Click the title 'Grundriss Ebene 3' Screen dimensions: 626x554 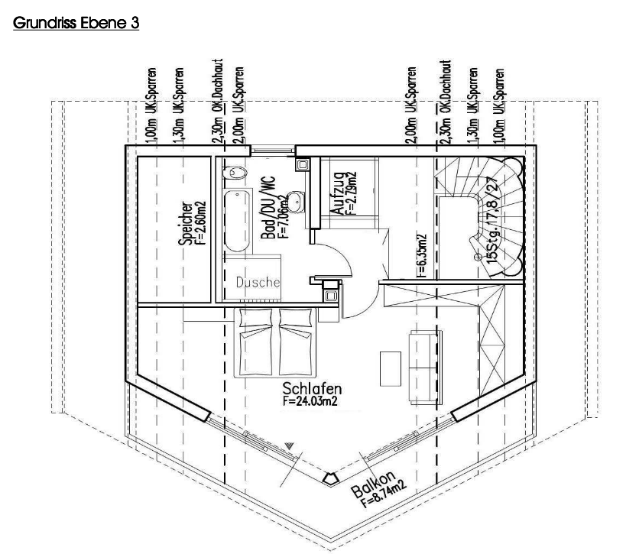[76, 23]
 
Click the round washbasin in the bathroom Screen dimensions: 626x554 [295, 202]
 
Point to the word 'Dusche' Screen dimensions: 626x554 [258, 283]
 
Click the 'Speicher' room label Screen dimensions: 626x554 [186, 223]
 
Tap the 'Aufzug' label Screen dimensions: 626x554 [337, 194]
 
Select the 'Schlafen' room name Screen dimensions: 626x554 [312, 388]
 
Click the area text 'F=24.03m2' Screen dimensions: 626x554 [310, 400]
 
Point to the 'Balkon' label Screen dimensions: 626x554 [373, 484]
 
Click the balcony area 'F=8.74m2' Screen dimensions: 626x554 [384, 494]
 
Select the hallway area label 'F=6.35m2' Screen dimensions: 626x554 [422, 256]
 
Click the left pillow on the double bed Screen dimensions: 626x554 [256, 318]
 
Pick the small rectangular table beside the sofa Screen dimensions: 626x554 [390, 369]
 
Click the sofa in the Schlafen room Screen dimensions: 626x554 [425, 368]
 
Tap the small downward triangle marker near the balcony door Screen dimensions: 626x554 [290, 445]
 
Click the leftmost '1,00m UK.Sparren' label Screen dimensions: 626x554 [151, 105]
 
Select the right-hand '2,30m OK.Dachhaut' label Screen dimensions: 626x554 [445, 102]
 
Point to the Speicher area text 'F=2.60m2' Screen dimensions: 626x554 [201, 223]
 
